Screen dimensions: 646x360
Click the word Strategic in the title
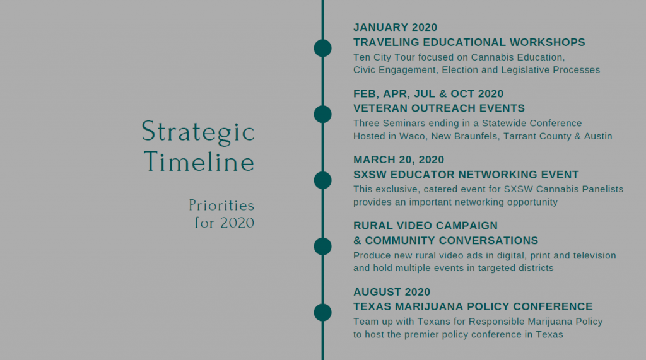tap(198, 132)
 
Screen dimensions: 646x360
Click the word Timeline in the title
tap(199, 161)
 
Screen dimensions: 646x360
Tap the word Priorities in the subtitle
tap(221, 205)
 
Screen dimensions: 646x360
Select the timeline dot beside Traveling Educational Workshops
tap(322, 48)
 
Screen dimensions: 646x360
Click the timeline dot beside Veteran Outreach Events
tap(322, 114)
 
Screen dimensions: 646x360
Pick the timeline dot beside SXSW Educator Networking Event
tap(322, 180)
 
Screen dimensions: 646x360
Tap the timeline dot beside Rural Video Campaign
tap(322, 247)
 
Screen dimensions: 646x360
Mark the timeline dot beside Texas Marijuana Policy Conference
tap(322, 312)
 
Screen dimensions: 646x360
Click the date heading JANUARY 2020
tap(395, 27)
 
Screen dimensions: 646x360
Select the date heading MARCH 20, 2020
tap(399, 160)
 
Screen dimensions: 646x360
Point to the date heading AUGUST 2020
tap(392, 292)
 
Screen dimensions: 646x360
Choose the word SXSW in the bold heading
tap(370, 175)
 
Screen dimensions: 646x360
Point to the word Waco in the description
tap(412, 136)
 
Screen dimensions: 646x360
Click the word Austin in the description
tap(598, 136)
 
